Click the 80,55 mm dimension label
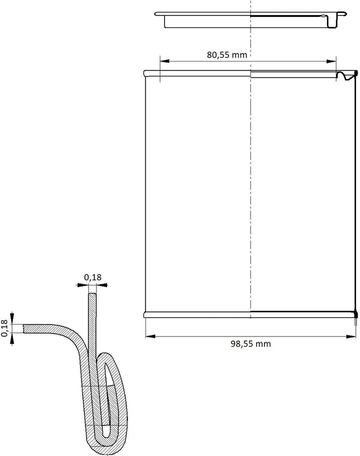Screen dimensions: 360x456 pos(227,54)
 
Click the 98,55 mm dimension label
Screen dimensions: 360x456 pos(250,343)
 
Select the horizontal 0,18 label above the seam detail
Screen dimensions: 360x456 pos(93,277)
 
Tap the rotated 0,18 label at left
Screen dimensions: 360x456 pos(4,328)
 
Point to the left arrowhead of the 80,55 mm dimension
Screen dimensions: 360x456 pos(164,61)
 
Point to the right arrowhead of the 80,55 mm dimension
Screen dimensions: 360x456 pos(331,61)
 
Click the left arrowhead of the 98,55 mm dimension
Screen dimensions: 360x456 pos(150,336)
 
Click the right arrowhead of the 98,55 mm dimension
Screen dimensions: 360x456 pos(351,336)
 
